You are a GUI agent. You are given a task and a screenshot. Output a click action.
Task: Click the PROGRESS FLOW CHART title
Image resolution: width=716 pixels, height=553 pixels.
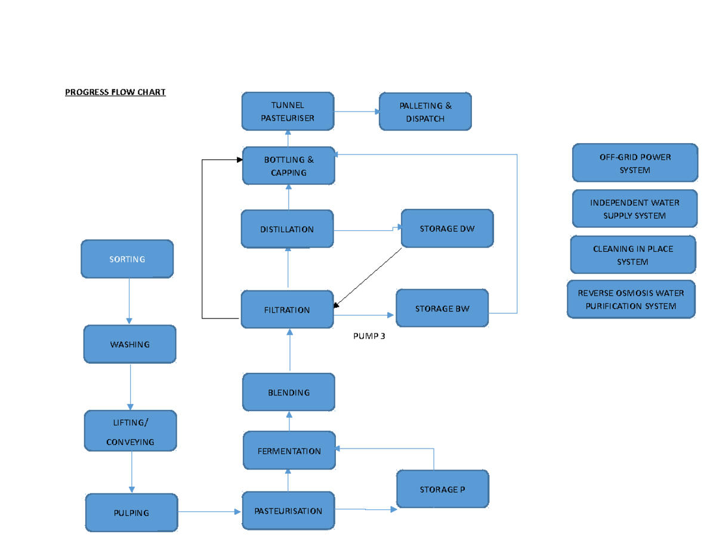[x=115, y=92]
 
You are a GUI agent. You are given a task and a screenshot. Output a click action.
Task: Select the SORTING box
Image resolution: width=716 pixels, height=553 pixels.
[x=127, y=259]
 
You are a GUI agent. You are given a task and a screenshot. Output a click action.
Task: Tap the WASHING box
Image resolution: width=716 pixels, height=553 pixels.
[x=129, y=344]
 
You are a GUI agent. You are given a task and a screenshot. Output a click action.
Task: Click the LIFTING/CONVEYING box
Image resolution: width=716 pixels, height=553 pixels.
[x=131, y=431]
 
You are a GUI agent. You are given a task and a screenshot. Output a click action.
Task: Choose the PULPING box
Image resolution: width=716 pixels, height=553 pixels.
[x=131, y=512]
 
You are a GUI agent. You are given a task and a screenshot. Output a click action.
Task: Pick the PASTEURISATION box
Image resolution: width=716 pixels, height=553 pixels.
[x=288, y=511]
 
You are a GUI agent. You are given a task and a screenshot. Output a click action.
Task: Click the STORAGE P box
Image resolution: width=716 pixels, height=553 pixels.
[x=442, y=489]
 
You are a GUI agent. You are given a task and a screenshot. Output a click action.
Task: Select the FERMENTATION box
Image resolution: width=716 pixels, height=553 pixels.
[x=289, y=451]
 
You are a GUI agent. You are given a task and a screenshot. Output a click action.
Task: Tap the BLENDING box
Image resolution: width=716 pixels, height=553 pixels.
[x=289, y=392]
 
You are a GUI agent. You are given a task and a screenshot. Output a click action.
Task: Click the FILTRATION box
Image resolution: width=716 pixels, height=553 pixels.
[x=287, y=310]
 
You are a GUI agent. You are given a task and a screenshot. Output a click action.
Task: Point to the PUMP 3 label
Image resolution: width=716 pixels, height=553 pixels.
[x=369, y=336]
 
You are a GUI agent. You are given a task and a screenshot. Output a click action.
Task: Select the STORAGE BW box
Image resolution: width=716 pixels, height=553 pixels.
[x=442, y=308]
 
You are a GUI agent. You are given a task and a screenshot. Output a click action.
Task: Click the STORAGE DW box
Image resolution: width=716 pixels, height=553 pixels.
[x=447, y=228]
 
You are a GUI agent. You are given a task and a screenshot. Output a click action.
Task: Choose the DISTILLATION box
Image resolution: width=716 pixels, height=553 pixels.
[x=287, y=229]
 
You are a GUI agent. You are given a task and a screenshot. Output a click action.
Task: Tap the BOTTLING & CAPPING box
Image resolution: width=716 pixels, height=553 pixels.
[x=289, y=166]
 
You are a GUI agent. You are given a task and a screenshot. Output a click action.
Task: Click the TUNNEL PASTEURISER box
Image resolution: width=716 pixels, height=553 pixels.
[x=288, y=112]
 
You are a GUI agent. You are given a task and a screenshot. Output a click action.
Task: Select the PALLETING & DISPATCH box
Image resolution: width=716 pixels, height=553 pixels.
[x=425, y=112]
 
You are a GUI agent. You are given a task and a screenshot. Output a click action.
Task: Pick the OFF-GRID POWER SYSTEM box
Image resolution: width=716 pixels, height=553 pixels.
[x=635, y=163]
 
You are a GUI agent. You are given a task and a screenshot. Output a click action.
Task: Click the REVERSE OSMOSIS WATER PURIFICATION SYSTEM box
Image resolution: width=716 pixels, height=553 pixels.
[x=631, y=299]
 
